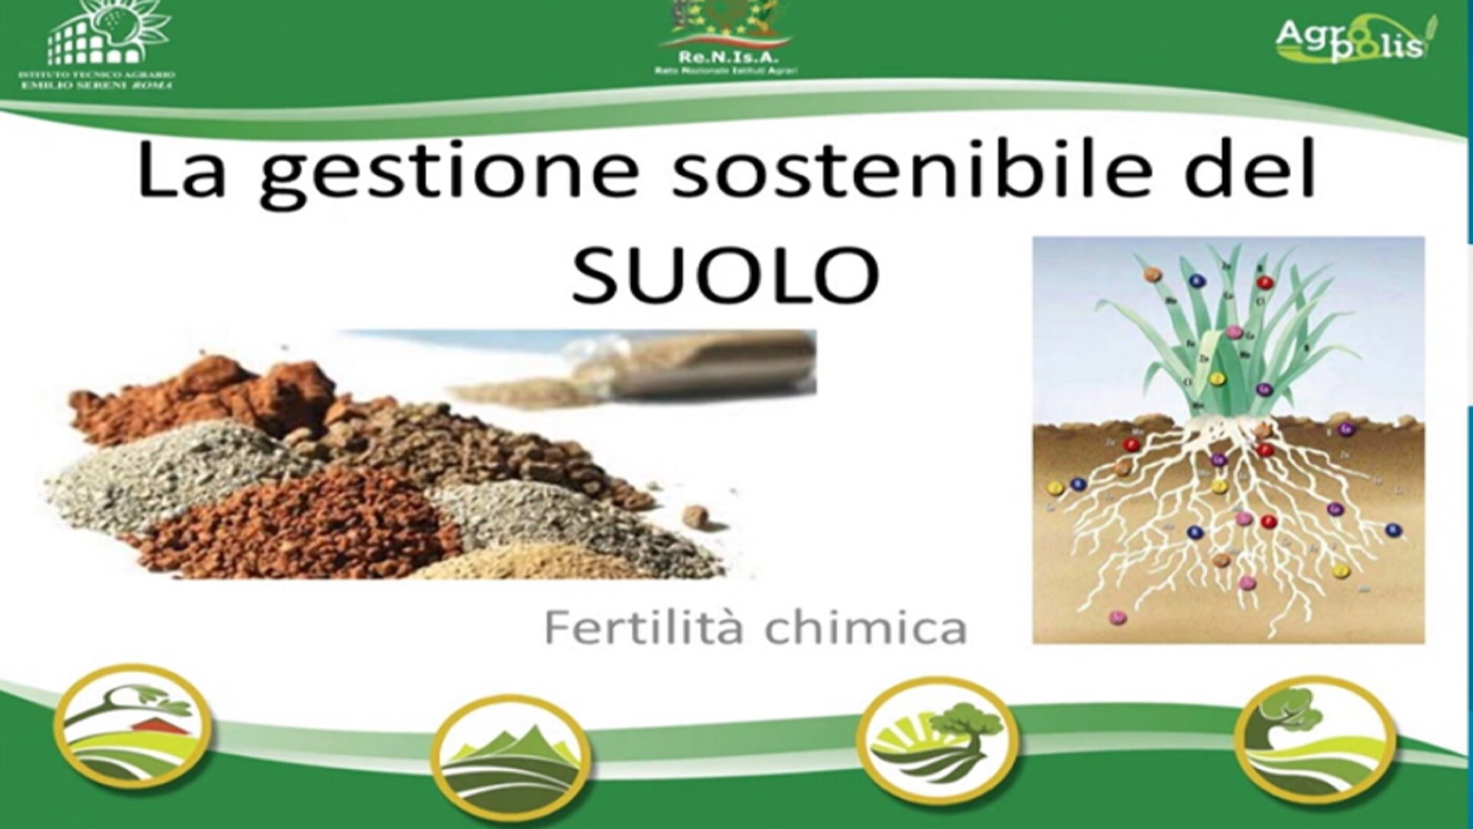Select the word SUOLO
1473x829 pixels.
725,274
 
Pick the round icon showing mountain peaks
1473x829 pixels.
510,760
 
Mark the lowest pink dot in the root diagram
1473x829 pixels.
1118,616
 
